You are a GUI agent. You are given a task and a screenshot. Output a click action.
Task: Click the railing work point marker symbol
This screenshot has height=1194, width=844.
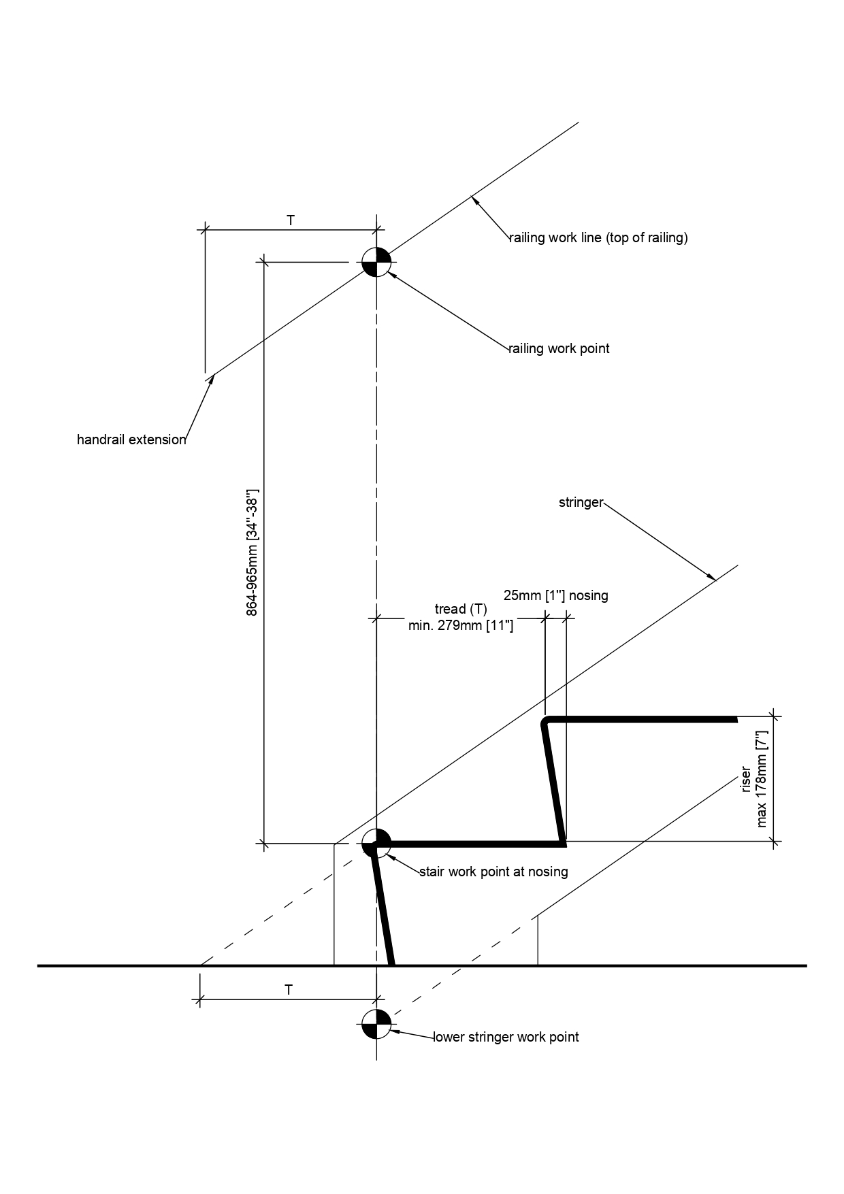pyautogui.click(x=376, y=262)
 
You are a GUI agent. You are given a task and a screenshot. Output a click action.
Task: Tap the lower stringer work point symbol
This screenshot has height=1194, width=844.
pyautogui.click(x=376, y=1025)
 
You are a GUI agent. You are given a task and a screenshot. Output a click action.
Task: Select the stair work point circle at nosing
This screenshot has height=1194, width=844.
pyautogui.click(x=376, y=844)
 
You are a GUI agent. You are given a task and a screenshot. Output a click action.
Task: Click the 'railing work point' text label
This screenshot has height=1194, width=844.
pyautogui.click(x=559, y=348)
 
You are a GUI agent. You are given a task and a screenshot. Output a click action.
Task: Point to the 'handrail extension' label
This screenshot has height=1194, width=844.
pyautogui.click(x=131, y=440)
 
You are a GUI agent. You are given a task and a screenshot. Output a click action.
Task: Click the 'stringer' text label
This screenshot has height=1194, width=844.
pyautogui.click(x=581, y=503)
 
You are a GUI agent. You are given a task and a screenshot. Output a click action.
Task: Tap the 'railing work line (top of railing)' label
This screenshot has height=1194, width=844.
pyautogui.click(x=599, y=237)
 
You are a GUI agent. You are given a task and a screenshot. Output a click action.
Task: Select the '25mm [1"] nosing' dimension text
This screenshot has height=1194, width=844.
pyautogui.click(x=555, y=595)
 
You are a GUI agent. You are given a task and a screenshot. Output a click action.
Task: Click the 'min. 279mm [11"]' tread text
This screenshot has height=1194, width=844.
pyautogui.click(x=461, y=625)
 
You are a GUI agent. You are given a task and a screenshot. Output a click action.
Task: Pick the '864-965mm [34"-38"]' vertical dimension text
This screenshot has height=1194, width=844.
pyautogui.click(x=252, y=552)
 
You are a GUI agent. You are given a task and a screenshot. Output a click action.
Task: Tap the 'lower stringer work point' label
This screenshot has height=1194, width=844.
pyautogui.click(x=506, y=1037)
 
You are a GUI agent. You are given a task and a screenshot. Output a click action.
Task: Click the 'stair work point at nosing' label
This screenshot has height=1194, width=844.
pyautogui.click(x=493, y=872)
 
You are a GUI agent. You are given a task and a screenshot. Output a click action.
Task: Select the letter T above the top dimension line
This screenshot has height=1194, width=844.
pyautogui.click(x=291, y=220)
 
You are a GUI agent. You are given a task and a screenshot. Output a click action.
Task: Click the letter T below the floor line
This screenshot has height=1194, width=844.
pyautogui.click(x=289, y=990)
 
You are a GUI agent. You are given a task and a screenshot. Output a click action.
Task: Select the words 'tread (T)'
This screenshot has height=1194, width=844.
pyautogui.click(x=461, y=609)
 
